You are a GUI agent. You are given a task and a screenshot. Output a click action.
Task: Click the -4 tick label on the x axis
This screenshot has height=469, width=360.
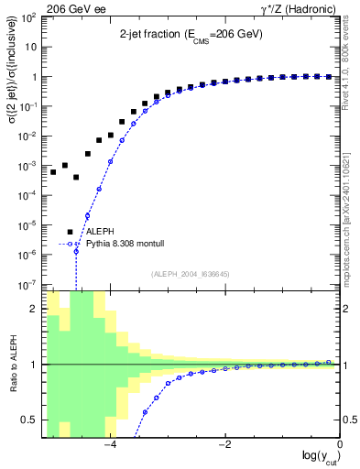[108, 445]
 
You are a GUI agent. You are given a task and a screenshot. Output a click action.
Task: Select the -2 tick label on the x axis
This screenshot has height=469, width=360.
[224, 445]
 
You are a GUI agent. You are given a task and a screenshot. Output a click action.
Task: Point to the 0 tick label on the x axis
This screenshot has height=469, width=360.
[339, 445]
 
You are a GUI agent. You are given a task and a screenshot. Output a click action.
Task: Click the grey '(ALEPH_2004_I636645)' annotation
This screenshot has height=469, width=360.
[191, 273]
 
